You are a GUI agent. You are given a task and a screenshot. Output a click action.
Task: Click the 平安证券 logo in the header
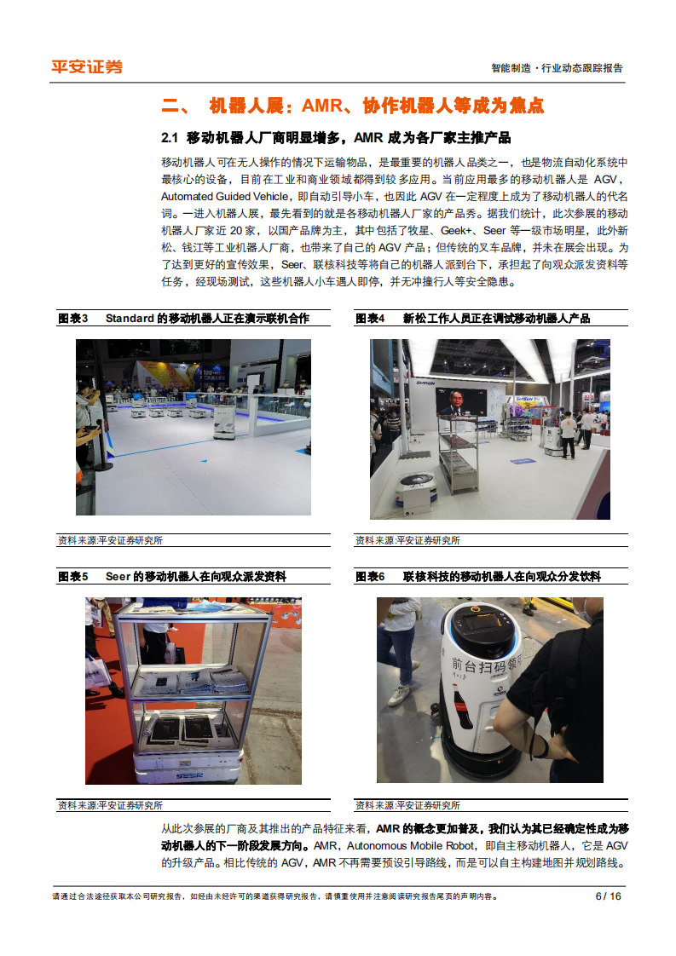[87, 66]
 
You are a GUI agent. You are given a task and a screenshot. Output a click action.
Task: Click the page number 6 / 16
[608, 896]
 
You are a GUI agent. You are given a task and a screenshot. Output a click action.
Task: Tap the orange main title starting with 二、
[352, 106]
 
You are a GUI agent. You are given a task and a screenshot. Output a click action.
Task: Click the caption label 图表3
[72, 318]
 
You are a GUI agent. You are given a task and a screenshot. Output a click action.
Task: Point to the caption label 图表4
[370, 318]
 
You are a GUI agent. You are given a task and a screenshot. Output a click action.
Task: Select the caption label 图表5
[72, 577]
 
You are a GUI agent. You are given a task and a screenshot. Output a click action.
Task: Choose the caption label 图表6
[370, 577]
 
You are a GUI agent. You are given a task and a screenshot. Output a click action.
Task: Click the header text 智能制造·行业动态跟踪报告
[558, 68]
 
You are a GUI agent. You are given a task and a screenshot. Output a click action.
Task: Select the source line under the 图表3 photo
[110, 540]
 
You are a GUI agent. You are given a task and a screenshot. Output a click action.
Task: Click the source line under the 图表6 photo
[407, 805]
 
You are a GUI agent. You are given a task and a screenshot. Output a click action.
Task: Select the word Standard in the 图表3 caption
[130, 318]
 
